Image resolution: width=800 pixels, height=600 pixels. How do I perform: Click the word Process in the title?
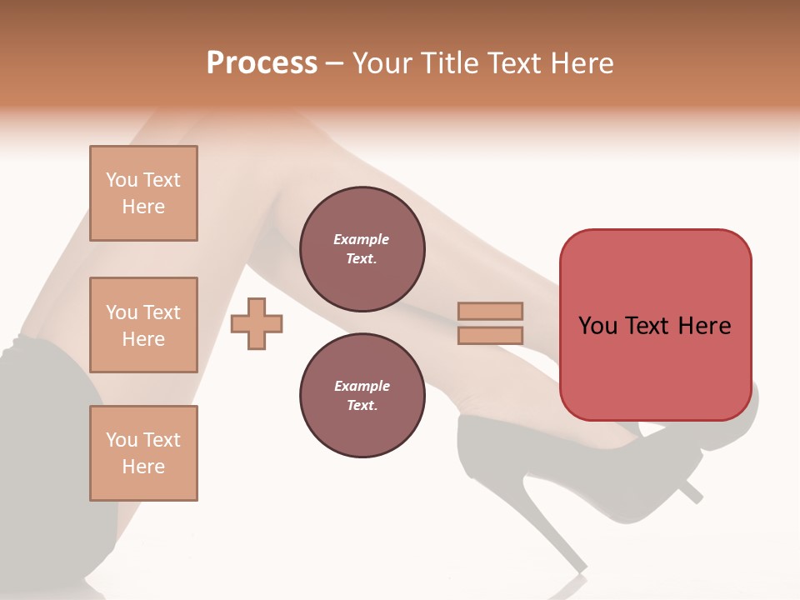pyautogui.click(x=262, y=63)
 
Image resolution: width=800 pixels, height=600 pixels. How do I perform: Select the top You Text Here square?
pyautogui.click(x=143, y=193)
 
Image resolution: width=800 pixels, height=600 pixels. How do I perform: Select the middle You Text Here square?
pyautogui.click(x=143, y=325)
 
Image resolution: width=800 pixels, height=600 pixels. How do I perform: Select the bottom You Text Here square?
pyautogui.click(x=143, y=453)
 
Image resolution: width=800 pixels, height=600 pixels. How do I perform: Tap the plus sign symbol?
pyautogui.click(x=257, y=323)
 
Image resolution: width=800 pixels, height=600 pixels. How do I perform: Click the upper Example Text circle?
pyautogui.click(x=362, y=249)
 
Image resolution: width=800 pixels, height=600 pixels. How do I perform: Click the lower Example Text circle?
pyautogui.click(x=362, y=396)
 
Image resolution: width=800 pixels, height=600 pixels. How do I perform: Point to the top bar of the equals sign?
pyautogui.click(x=490, y=311)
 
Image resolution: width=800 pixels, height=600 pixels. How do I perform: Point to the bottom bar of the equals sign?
pyautogui.click(x=490, y=335)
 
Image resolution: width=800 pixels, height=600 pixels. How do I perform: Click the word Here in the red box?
pyautogui.click(x=704, y=326)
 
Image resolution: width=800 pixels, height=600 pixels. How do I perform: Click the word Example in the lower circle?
pyautogui.click(x=362, y=386)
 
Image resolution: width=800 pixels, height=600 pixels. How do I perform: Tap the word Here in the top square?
pyautogui.click(x=143, y=207)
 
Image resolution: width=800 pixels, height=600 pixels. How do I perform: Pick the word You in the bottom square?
pyautogui.click(x=122, y=440)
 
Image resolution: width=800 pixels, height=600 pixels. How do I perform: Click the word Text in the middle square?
pyautogui.click(x=162, y=312)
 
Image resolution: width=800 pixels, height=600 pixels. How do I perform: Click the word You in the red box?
pyautogui.click(x=597, y=326)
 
